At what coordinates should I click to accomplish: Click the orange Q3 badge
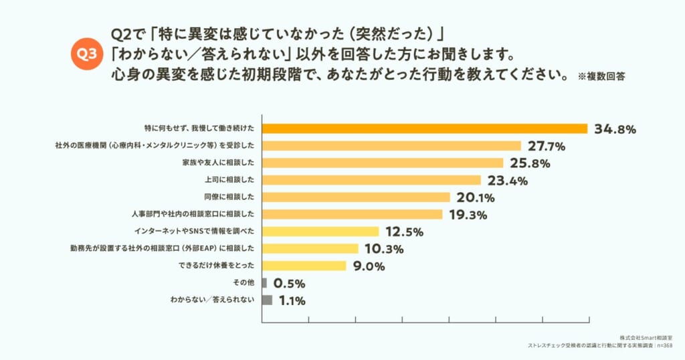(86, 54)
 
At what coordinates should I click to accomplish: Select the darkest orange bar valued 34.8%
(425, 128)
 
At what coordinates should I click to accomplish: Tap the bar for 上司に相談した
(371, 180)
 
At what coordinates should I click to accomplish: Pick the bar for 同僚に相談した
(356, 197)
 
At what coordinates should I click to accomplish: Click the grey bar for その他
(264, 282)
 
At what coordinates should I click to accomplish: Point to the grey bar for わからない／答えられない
(267, 300)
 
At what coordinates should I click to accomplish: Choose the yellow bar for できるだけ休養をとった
(304, 266)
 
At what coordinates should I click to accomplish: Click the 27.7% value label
(547, 146)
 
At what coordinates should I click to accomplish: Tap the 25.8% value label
(530, 163)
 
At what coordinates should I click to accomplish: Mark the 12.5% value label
(404, 232)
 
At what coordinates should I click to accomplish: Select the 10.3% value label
(384, 249)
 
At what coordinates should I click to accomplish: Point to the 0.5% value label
(289, 284)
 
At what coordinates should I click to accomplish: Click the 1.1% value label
(292, 300)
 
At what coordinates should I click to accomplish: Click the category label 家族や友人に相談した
(218, 163)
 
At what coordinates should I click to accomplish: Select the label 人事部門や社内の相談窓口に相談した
(193, 214)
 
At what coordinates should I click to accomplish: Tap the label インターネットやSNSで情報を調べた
(194, 231)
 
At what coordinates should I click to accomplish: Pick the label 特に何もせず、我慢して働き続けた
(199, 128)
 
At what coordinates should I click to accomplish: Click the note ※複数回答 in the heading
(601, 76)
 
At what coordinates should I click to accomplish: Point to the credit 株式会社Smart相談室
(646, 338)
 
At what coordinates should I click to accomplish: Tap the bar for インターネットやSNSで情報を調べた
(320, 232)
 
